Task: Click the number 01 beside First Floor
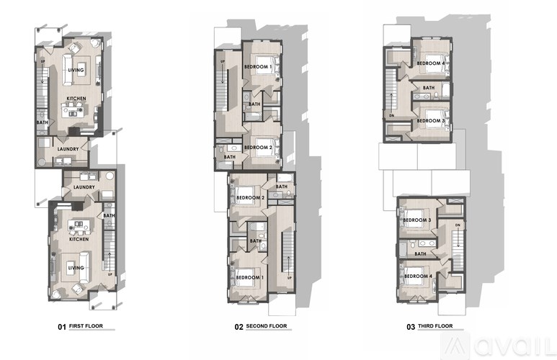(x=62, y=326)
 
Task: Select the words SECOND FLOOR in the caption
(x=267, y=326)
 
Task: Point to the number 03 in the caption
(x=411, y=326)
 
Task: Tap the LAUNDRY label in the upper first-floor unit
(x=67, y=149)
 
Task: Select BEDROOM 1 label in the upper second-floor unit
(x=258, y=67)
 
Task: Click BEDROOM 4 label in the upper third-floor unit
(x=429, y=63)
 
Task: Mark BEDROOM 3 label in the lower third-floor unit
(x=417, y=220)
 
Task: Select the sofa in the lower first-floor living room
(x=76, y=259)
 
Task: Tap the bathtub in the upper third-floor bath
(x=444, y=89)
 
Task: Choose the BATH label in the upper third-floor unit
(x=428, y=88)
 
